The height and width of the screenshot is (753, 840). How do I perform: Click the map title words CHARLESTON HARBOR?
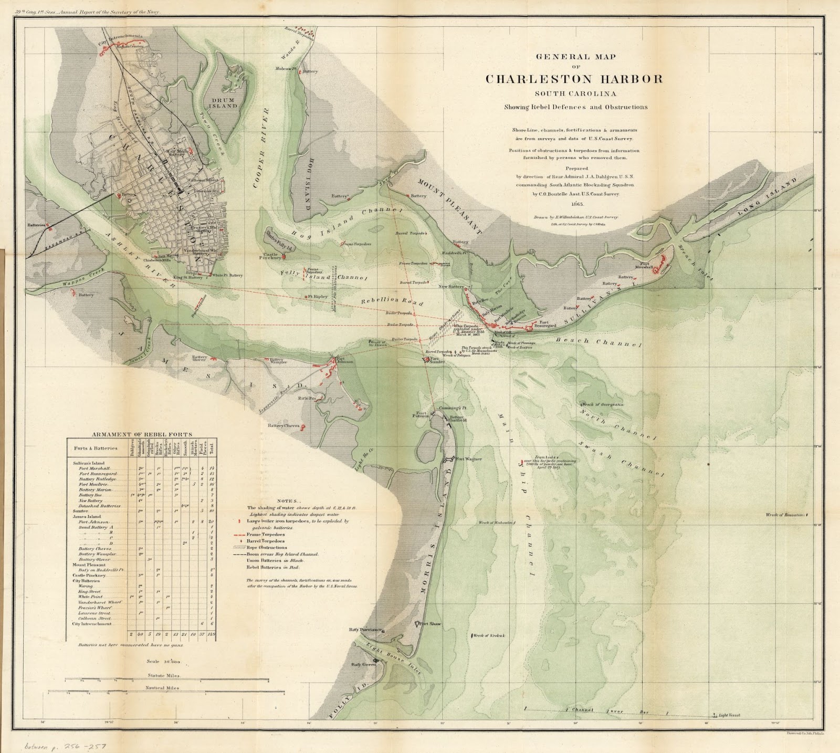click(x=573, y=79)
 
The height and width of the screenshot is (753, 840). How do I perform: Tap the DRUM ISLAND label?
click(x=225, y=102)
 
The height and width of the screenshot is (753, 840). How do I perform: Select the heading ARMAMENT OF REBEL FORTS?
click(x=142, y=434)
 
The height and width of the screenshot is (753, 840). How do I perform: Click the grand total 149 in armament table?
click(x=212, y=634)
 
